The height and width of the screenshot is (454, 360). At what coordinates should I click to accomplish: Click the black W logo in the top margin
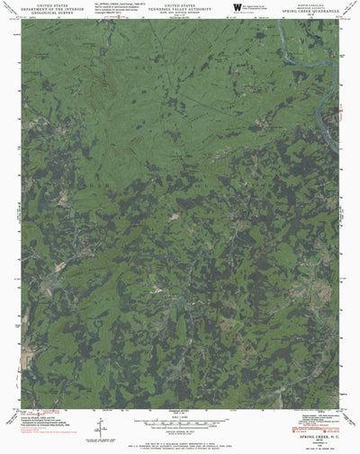[x=238, y=7]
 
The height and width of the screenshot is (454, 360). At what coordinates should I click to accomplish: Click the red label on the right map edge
[x=342, y=111]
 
